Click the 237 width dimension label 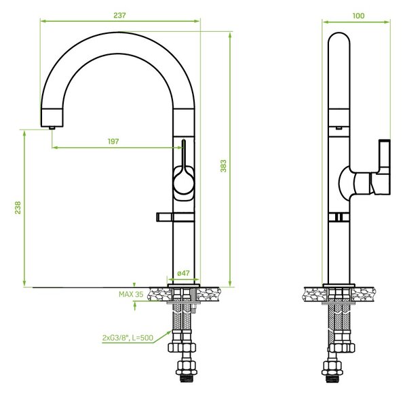[x=119, y=16]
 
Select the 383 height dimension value [x=223, y=166]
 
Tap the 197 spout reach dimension [x=113, y=142]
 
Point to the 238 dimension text [x=18, y=207]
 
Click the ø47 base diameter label [x=184, y=273]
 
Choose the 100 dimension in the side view [x=358, y=16]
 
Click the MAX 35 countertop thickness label [x=131, y=294]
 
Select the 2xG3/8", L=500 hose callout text [x=128, y=338]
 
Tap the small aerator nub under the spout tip [x=52, y=127]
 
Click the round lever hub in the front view [x=184, y=182]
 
